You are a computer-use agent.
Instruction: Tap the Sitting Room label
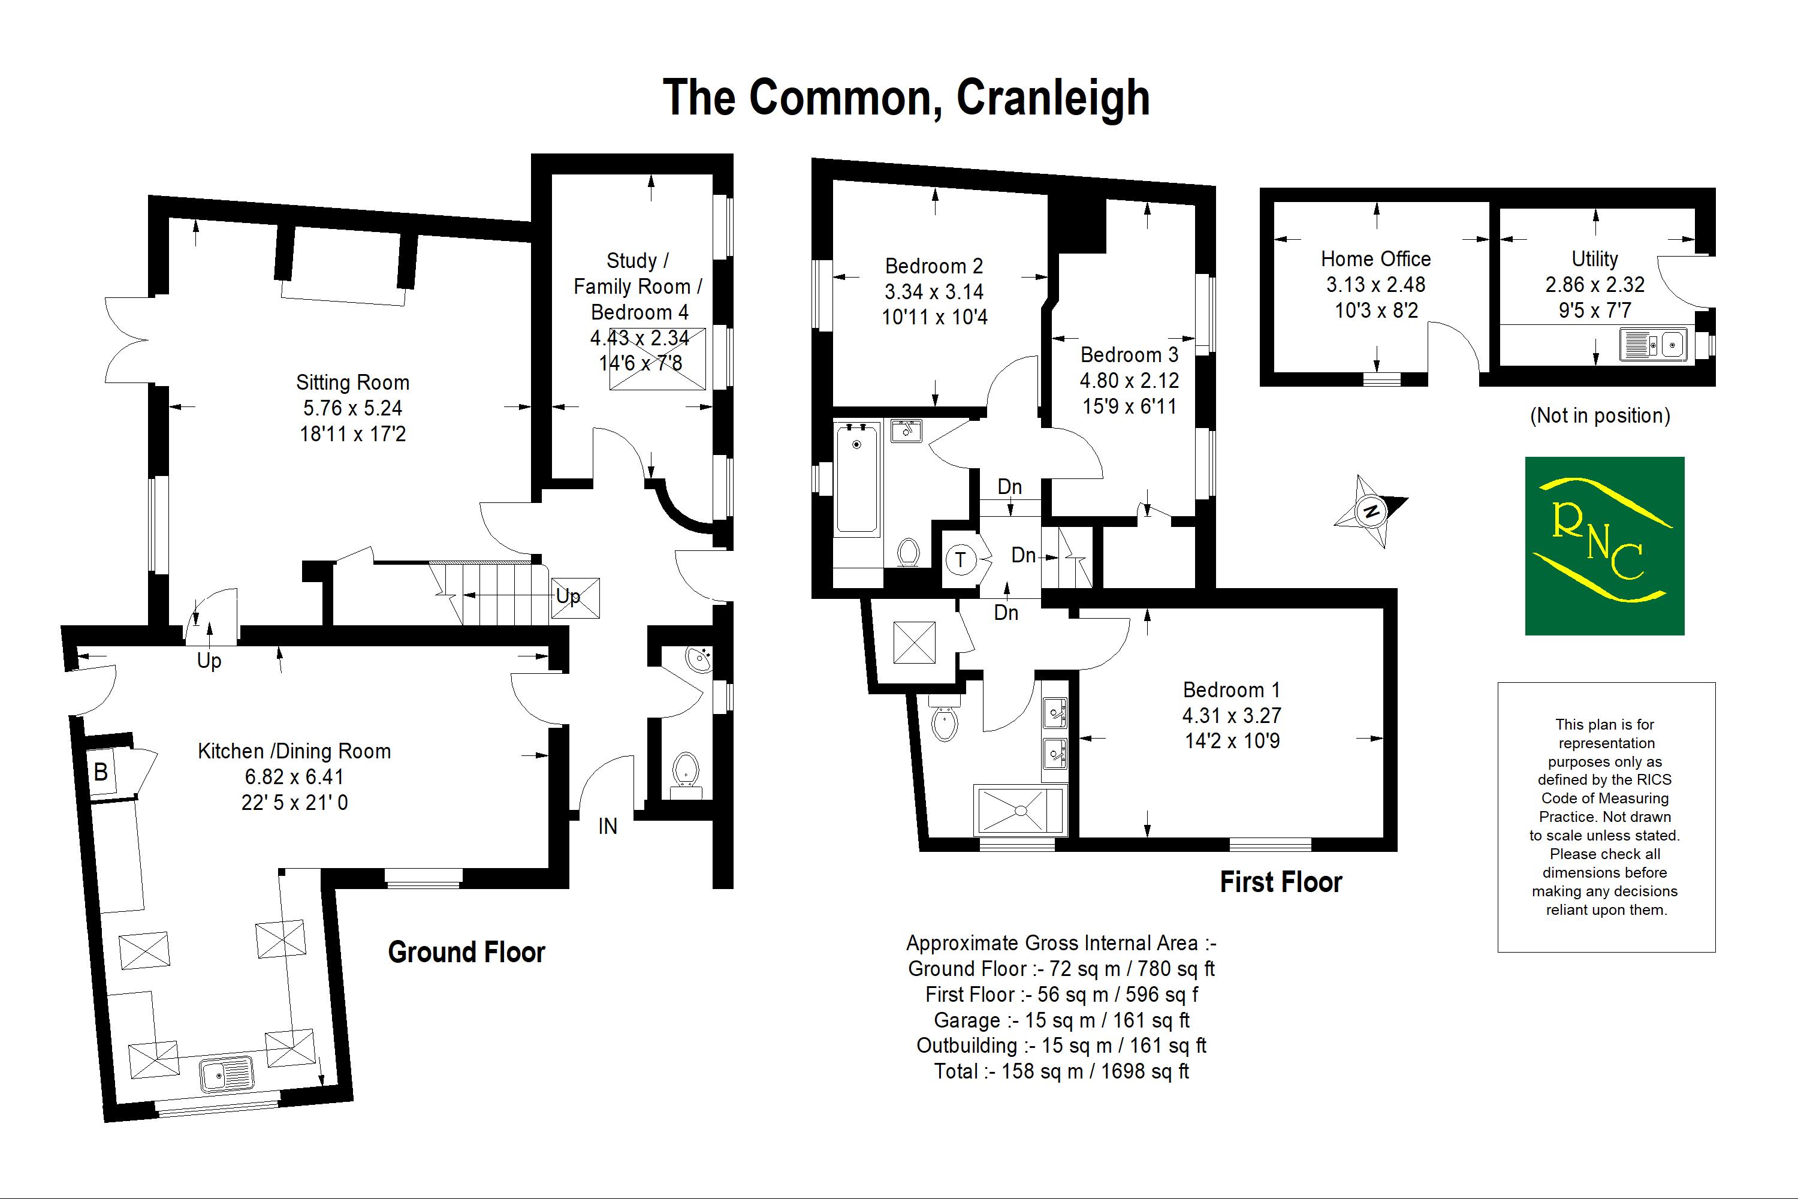pos(352,382)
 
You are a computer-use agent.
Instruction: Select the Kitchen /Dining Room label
pos(294,751)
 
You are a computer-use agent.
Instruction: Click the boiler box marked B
pos(101,772)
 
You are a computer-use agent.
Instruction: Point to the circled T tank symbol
pos(960,561)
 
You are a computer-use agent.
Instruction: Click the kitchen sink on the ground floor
pos(227,1074)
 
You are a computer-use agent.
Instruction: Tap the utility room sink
pos(1653,345)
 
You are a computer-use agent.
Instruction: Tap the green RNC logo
pos(1604,546)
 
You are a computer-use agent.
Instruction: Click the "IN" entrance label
pos(608,826)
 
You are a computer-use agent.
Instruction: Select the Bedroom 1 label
pos(1232,690)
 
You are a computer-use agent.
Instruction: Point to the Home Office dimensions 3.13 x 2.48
pos(1376,284)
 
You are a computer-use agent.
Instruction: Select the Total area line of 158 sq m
pos(1061,1071)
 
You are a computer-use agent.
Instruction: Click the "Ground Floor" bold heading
pos(466,952)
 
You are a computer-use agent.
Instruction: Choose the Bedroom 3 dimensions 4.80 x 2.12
pos(1129,380)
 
